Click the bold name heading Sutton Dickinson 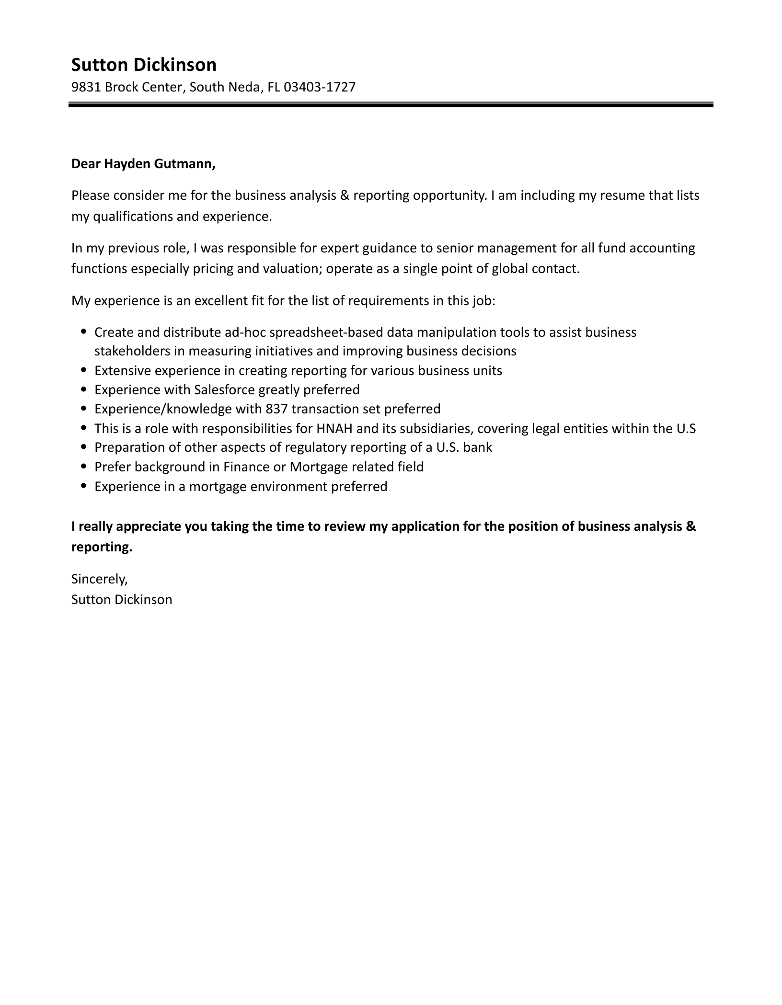(144, 65)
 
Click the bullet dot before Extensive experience (84, 370)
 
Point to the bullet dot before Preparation (84, 447)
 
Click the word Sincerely (99, 579)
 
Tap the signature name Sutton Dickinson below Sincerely (122, 600)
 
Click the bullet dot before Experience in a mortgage (84, 486)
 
